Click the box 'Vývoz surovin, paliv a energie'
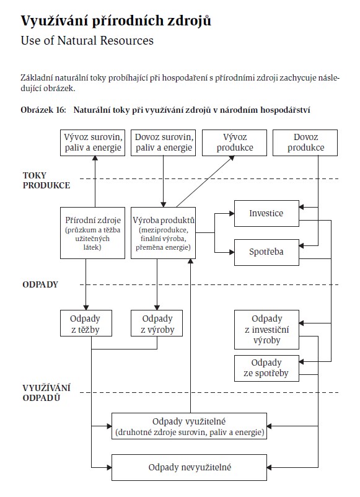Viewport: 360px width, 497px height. [x=92, y=143]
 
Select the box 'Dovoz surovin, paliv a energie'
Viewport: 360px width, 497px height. [x=163, y=143]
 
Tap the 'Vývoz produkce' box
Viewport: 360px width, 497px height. [x=234, y=143]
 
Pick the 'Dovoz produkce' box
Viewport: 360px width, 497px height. [x=305, y=143]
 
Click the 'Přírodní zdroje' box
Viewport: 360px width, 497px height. [x=92, y=233]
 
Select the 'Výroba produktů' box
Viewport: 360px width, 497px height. [x=163, y=233]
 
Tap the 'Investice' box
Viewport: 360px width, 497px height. [x=266, y=213]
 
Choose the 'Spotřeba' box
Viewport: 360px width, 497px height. [x=266, y=252]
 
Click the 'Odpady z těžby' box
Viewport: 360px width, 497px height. [x=86, y=323]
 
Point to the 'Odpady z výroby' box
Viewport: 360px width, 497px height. [x=157, y=323]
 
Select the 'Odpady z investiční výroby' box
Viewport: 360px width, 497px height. [x=266, y=330]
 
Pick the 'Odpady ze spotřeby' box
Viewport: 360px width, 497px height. [x=266, y=368]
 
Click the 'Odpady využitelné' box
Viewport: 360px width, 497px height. [x=189, y=426]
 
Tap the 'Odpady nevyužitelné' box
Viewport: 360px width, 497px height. [x=189, y=467]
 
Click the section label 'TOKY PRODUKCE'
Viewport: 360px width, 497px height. [x=46, y=180]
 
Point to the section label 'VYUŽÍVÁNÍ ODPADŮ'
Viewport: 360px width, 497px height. [x=46, y=393]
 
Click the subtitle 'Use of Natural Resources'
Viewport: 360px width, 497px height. [x=87, y=40]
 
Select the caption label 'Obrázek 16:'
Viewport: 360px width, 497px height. [x=43, y=110]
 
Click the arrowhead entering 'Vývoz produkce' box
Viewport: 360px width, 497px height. [x=232, y=158]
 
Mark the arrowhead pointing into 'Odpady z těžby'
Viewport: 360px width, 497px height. [x=86, y=307]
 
